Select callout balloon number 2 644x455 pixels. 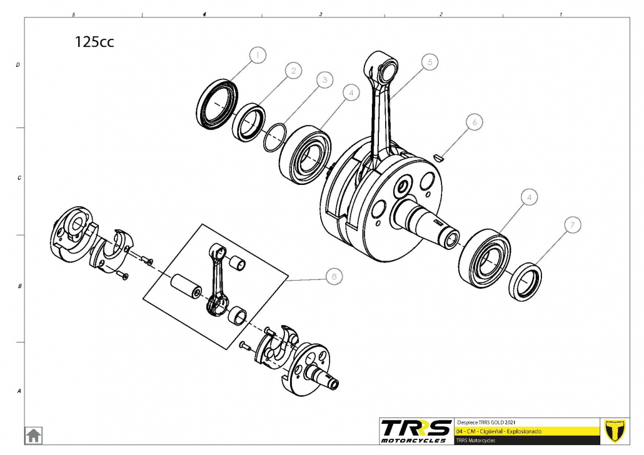coord(293,70)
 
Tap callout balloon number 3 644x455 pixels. coord(323,80)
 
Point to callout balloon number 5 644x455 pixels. coord(430,61)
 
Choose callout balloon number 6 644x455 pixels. coord(474,122)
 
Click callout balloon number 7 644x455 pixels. coord(571,225)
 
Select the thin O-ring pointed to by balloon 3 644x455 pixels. coord(274,137)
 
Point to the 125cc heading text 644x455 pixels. coord(94,42)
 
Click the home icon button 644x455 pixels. coord(33,435)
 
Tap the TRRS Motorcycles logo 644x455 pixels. coord(416,431)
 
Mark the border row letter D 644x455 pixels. coord(18,64)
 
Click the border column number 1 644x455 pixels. coord(560,14)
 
